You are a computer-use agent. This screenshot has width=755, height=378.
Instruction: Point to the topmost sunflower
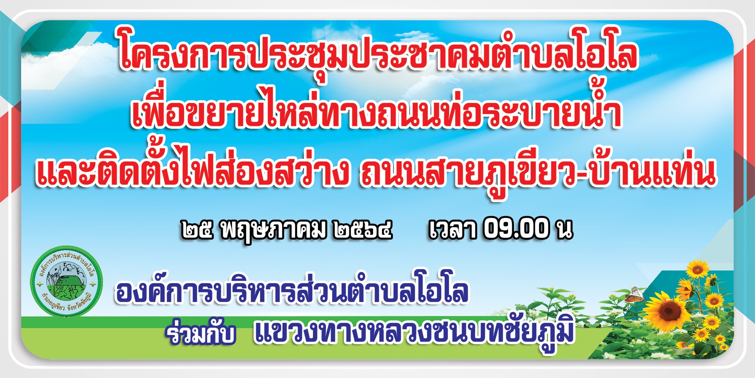click(697, 269)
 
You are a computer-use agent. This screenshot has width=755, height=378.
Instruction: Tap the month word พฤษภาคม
click(274, 230)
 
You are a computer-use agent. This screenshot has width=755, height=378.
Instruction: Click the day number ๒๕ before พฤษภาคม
click(197, 229)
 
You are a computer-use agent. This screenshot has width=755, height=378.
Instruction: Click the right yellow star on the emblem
click(93, 285)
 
